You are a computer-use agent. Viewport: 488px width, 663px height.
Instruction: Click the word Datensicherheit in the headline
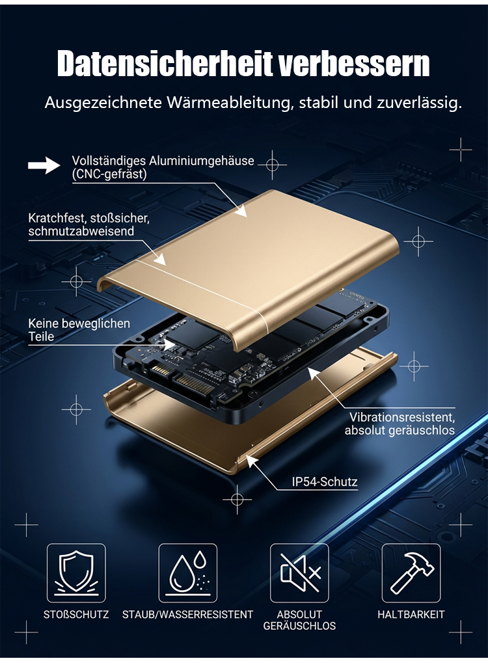[x=165, y=64]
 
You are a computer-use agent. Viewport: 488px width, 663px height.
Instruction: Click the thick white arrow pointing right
[x=44, y=165]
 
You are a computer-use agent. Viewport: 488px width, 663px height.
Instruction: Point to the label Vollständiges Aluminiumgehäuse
[x=163, y=161]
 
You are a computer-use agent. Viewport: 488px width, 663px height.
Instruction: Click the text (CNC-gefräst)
[x=109, y=174]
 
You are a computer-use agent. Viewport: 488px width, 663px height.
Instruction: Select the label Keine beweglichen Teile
[x=79, y=331]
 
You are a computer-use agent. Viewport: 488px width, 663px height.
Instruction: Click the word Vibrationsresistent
[x=401, y=417]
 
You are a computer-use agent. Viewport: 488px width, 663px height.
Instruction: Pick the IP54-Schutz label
[x=324, y=481]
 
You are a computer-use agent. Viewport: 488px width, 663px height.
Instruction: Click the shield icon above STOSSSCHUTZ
[x=76, y=573]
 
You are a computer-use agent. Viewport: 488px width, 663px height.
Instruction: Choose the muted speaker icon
[x=300, y=573]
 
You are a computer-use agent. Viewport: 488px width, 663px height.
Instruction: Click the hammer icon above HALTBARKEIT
[x=411, y=573]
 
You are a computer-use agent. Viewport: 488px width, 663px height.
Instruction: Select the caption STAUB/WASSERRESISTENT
[x=188, y=614]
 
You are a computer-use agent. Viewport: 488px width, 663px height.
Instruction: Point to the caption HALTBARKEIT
[x=411, y=614]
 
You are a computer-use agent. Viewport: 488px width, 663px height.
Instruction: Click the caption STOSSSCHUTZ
[x=76, y=614]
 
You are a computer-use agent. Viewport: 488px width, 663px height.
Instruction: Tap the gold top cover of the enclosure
[x=254, y=262]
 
